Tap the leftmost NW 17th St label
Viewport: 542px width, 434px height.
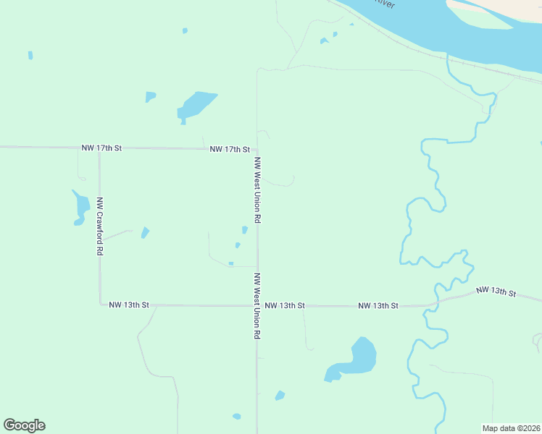tap(101, 148)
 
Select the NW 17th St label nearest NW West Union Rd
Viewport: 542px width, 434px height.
tap(229, 149)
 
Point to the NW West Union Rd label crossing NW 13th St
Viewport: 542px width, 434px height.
tap(257, 306)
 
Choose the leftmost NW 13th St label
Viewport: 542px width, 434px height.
tap(128, 305)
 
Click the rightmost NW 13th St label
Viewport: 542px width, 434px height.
tap(496, 292)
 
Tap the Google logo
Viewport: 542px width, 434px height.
tap(24, 425)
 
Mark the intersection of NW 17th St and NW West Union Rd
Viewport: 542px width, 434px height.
tap(257, 150)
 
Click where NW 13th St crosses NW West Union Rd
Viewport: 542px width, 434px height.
tap(257, 305)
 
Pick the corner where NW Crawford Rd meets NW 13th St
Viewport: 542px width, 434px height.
tap(100, 305)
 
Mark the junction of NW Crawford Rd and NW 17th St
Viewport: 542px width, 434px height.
tap(99, 148)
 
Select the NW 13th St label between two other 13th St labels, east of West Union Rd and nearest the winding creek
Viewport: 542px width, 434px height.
tap(378, 306)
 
